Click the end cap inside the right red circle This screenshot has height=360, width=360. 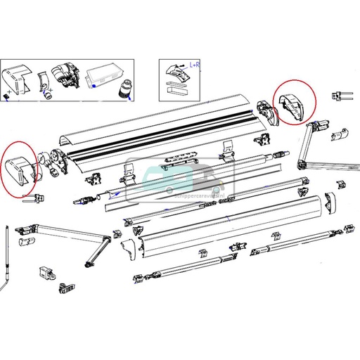click(x=289, y=103)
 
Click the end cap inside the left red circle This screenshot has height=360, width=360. click(x=19, y=168)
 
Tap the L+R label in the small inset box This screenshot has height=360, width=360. click(x=193, y=65)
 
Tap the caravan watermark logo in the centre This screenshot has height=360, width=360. click(x=180, y=184)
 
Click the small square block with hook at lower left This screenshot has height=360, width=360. click(x=48, y=272)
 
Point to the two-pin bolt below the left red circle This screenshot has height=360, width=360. click(x=31, y=199)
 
